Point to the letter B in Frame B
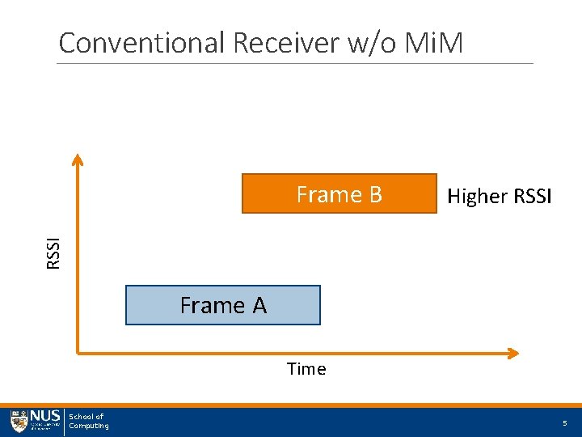[x=373, y=195]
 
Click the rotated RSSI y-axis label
[x=53, y=253]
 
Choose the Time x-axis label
[x=306, y=370]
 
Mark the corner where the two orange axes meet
[x=78, y=352]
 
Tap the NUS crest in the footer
[x=19, y=422]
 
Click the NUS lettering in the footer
[x=44, y=417]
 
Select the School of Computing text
[x=88, y=422]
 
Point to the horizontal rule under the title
[x=295, y=63]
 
